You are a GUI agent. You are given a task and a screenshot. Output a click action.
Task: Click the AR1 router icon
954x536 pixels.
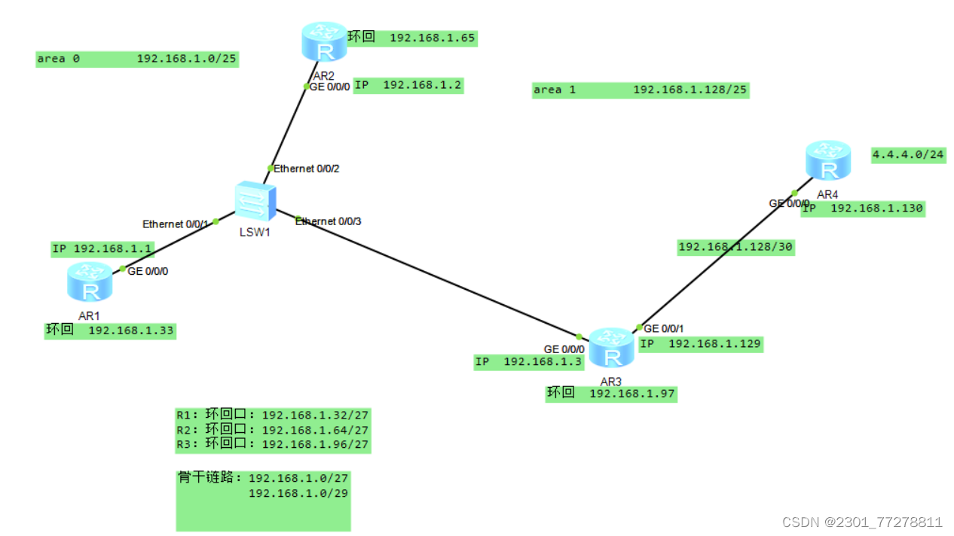tap(90, 283)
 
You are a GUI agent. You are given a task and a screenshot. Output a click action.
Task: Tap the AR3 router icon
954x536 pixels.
tap(611, 348)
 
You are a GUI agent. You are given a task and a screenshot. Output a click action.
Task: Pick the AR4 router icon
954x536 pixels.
tap(827, 160)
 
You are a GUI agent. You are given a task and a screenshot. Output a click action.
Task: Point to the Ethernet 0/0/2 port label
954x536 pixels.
tap(306, 169)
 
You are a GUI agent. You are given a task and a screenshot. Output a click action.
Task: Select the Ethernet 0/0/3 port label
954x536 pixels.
tap(328, 221)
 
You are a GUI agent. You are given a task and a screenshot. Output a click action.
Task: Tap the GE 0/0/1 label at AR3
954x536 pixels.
tap(663, 328)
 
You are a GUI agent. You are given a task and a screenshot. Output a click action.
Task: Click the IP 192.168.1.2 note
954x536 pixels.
tap(408, 85)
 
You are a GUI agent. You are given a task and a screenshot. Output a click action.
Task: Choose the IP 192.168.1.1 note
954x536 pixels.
tap(102, 248)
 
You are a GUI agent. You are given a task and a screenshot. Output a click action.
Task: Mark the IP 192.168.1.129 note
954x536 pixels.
tap(701, 343)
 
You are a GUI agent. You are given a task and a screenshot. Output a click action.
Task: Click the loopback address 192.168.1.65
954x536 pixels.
tap(433, 37)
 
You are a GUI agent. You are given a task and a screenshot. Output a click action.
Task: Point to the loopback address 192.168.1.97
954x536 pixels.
tap(632, 393)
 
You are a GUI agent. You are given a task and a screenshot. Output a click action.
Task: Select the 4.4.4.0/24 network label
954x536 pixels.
tap(907, 155)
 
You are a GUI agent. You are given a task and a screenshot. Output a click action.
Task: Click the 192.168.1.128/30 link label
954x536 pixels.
tap(735, 247)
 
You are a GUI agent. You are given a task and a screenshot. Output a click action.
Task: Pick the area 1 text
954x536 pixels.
tap(555, 90)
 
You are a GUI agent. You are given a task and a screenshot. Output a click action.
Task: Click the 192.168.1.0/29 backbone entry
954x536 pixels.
tap(298, 493)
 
